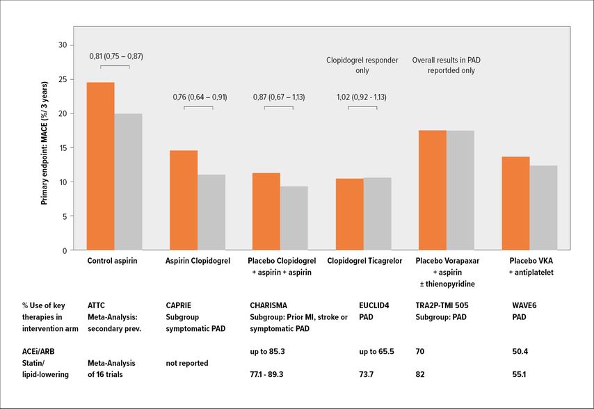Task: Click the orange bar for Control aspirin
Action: [x=100, y=166]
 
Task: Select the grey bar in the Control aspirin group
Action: [x=128, y=182]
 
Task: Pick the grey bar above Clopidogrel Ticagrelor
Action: [x=377, y=214]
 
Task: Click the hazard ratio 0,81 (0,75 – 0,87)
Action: [x=115, y=56]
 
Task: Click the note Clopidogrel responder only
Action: [x=362, y=65]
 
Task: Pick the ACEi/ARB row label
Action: [x=57, y=351]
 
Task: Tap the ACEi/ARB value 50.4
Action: [x=521, y=351]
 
